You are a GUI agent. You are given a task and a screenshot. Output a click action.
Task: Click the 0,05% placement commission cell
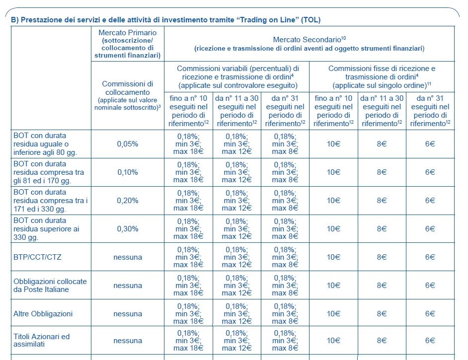pyautogui.click(x=128, y=144)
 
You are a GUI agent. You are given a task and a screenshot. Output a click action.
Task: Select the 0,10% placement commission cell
pyautogui.click(x=128, y=172)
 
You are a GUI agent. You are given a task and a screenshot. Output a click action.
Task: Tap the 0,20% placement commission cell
pyautogui.click(x=128, y=201)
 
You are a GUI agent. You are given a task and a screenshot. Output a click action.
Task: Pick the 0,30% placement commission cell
pyautogui.click(x=128, y=229)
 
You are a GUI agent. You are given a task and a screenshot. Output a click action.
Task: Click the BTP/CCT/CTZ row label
pyautogui.click(x=37, y=257)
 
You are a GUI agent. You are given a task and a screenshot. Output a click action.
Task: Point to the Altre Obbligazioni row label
pyautogui.click(x=43, y=314)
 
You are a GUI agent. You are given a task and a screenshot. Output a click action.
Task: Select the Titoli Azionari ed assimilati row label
pyautogui.click(x=42, y=340)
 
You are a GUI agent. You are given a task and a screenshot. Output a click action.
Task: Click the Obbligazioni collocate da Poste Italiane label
pyautogui.click(x=50, y=286)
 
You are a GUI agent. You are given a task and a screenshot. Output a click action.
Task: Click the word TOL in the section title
pyautogui.click(x=311, y=20)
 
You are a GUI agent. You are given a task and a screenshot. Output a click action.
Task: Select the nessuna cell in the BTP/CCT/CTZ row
pyautogui.click(x=128, y=257)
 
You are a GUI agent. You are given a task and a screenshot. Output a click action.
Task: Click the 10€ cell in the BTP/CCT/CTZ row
pyautogui.click(x=333, y=257)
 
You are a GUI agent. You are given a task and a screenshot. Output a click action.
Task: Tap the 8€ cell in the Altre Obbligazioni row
pyautogui.click(x=382, y=314)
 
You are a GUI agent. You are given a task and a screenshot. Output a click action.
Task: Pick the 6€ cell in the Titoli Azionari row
pyautogui.click(x=430, y=341)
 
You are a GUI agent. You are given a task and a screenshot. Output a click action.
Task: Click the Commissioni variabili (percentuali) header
pyautogui.click(x=238, y=77)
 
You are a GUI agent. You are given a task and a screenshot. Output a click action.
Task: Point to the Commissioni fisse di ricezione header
pyautogui.click(x=382, y=77)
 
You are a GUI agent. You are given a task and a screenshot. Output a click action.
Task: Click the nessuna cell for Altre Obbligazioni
pyautogui.click(x=128, y=314)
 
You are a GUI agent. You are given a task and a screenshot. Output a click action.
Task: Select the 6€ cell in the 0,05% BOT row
pyautogui.click(x=430, y=144)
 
